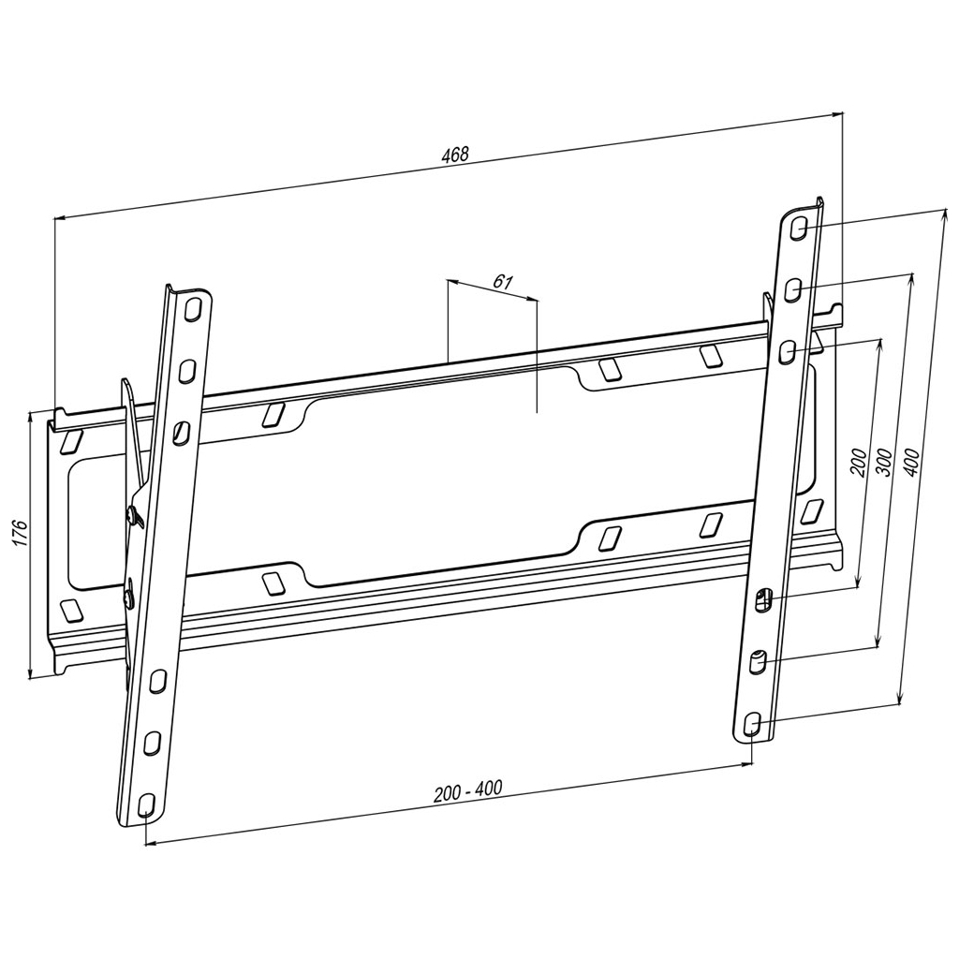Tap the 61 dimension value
(x=503, y=281)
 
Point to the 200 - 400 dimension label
(x=468, y=791)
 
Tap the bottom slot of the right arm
(x=752, y=723)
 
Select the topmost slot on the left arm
(x=193, y=308)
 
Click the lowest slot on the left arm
(x=145, y=804)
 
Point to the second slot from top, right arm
(x=793, y=288)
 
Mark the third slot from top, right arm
(x=788, y=349)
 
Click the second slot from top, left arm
(x=187, y=368)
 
